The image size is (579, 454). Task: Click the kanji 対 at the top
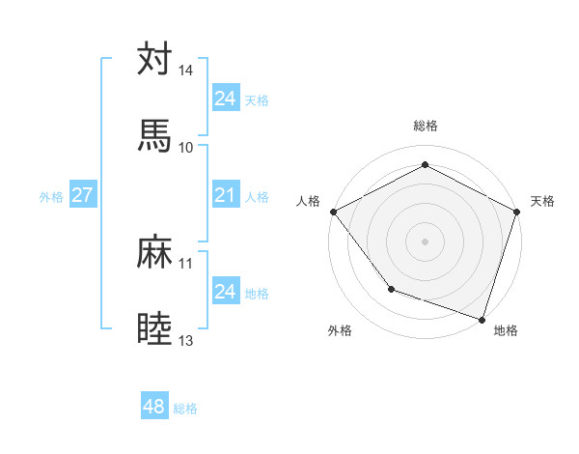(154, 59)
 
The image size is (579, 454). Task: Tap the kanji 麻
(154, 252)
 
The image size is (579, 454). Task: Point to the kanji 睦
(154, 328)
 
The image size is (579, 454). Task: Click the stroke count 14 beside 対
(185, 71)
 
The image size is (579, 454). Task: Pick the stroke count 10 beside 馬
(185, 147)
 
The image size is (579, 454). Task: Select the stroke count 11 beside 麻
(185, 263)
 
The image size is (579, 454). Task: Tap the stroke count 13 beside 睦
(185, 340)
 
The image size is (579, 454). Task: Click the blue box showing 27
(82, 195)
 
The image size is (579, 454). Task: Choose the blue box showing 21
(225, 195)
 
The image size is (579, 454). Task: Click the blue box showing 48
(153, 407)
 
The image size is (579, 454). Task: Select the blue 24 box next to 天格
(225, 98)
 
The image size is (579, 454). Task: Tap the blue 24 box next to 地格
(225, 291)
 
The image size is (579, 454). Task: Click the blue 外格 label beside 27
(51, 196)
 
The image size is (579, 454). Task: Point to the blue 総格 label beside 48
(185, 408)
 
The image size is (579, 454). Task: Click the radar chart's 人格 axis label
(308, 201)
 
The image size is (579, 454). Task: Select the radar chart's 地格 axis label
(506, 330)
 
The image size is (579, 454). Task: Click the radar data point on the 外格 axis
(391, 288)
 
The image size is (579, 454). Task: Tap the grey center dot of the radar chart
(425, 241)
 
